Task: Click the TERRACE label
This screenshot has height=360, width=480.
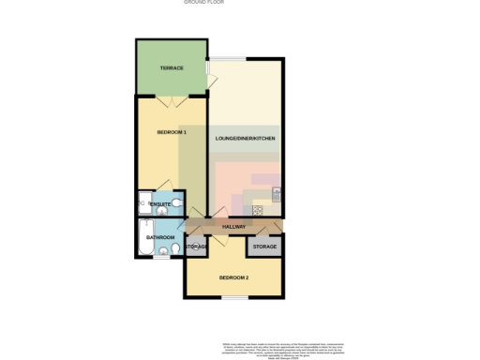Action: pyautogui.click(x=171, y=69)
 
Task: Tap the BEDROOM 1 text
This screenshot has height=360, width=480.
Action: pyautogui.click(x=172, y=132)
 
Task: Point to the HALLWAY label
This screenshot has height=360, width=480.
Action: pyautogui.click(x=233, y=227)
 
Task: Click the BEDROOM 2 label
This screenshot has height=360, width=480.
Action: pyautogui.click(x=233, y=277)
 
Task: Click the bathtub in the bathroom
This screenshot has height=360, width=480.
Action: pyautogui.click(x=143, y=240)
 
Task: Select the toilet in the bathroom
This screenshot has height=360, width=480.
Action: pyautogui.click(x=164, y=250)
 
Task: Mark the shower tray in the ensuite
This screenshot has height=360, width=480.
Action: pyautogui.click(x=143, y=200)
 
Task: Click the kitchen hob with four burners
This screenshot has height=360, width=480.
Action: pyautogui.click(x=258, y=210)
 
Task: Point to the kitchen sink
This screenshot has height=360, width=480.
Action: pyautogui.click(x=277, y=193)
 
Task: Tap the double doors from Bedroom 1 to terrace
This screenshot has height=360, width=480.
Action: pyautogui.click(x=170, y=97)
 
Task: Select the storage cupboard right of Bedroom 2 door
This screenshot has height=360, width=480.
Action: pyautogui.click(x=264, y=247)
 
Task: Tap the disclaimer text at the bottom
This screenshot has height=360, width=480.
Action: pyautogui.click(x=282, y=348)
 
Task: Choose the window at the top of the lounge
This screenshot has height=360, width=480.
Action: pyautogui.click(x=228, y=60)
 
